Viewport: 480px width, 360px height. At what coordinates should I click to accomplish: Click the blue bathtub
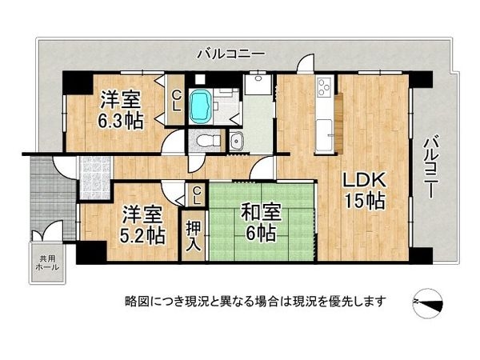pyautogui.click(x=201, y=106)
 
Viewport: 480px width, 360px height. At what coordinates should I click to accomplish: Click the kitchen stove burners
pyautogui.click(x=324, y=85)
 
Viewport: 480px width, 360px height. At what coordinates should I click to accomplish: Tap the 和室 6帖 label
pyautogui.click(x=260, y=222)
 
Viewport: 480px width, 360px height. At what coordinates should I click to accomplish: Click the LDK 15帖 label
pyautogui.click(x=366, y=190)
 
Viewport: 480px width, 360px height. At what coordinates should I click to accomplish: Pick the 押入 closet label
pyautogui.click(x=194, y=234)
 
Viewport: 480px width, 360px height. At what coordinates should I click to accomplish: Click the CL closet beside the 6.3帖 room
pyautogui.click(x=176, y=101)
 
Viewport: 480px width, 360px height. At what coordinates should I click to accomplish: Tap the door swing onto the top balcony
pyautogui.click(x=305, y=65)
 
